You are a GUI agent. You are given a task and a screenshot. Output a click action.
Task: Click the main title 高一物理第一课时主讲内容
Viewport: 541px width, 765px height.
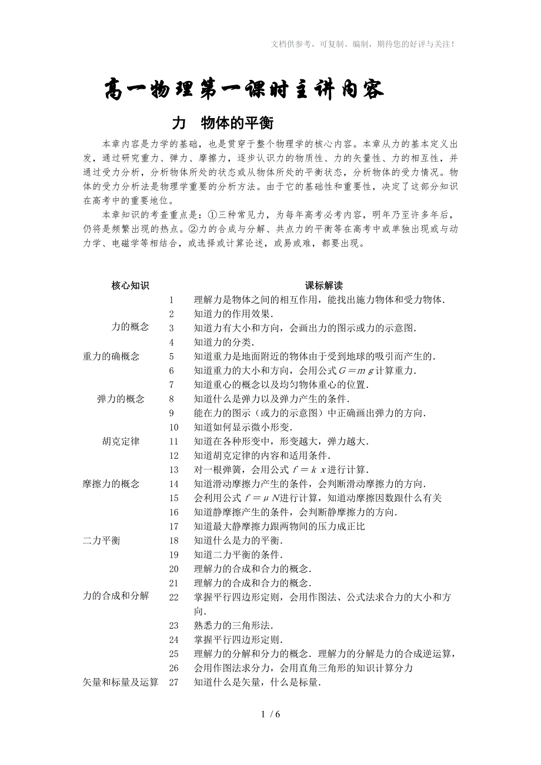(244, 90)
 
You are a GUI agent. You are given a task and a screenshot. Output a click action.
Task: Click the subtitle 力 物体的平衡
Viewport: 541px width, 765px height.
(223, 123)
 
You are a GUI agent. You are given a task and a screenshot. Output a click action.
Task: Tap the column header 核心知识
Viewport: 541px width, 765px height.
(130, 286)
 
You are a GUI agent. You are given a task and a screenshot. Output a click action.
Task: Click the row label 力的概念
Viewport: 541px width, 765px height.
(130, 327)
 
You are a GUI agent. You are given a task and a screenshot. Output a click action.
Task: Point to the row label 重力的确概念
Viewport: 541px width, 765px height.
(111, 356)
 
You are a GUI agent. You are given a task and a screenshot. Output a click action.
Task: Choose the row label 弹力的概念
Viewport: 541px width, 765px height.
(121, 399)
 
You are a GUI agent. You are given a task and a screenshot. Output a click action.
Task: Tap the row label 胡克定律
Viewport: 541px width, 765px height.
(121, 441)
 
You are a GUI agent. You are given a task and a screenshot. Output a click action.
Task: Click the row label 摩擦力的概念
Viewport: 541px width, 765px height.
(111, 484)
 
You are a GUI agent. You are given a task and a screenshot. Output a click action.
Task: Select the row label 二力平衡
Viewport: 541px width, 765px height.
(102, 541)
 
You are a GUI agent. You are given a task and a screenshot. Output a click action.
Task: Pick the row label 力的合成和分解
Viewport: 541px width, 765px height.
(116, 596)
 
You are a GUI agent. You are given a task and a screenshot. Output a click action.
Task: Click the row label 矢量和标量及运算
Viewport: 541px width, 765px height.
(121, 682)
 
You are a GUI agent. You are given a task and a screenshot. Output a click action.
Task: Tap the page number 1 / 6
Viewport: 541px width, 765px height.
(270, 714)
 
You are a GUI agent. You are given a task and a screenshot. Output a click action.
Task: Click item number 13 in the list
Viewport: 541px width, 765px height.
(173, 469)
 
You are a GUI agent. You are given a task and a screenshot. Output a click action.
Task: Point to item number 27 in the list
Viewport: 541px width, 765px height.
(173, 682)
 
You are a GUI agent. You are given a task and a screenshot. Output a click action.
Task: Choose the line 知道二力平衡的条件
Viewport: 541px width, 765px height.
(238, 555)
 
